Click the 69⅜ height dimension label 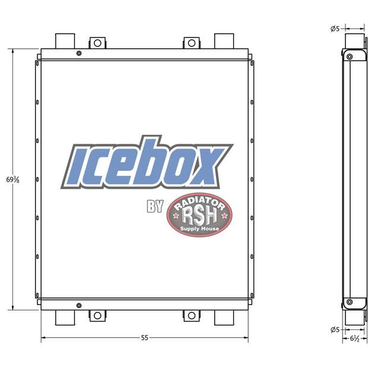[12, 180]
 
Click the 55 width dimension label [145, 338]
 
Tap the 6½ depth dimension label [354, 339]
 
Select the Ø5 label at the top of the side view [335, 29]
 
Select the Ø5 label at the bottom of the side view [335, 330]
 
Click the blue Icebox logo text [147, 163]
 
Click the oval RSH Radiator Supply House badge [199, 215]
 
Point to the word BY [155, 207]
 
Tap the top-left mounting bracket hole [97, 43]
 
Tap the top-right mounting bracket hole [192, 43]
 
